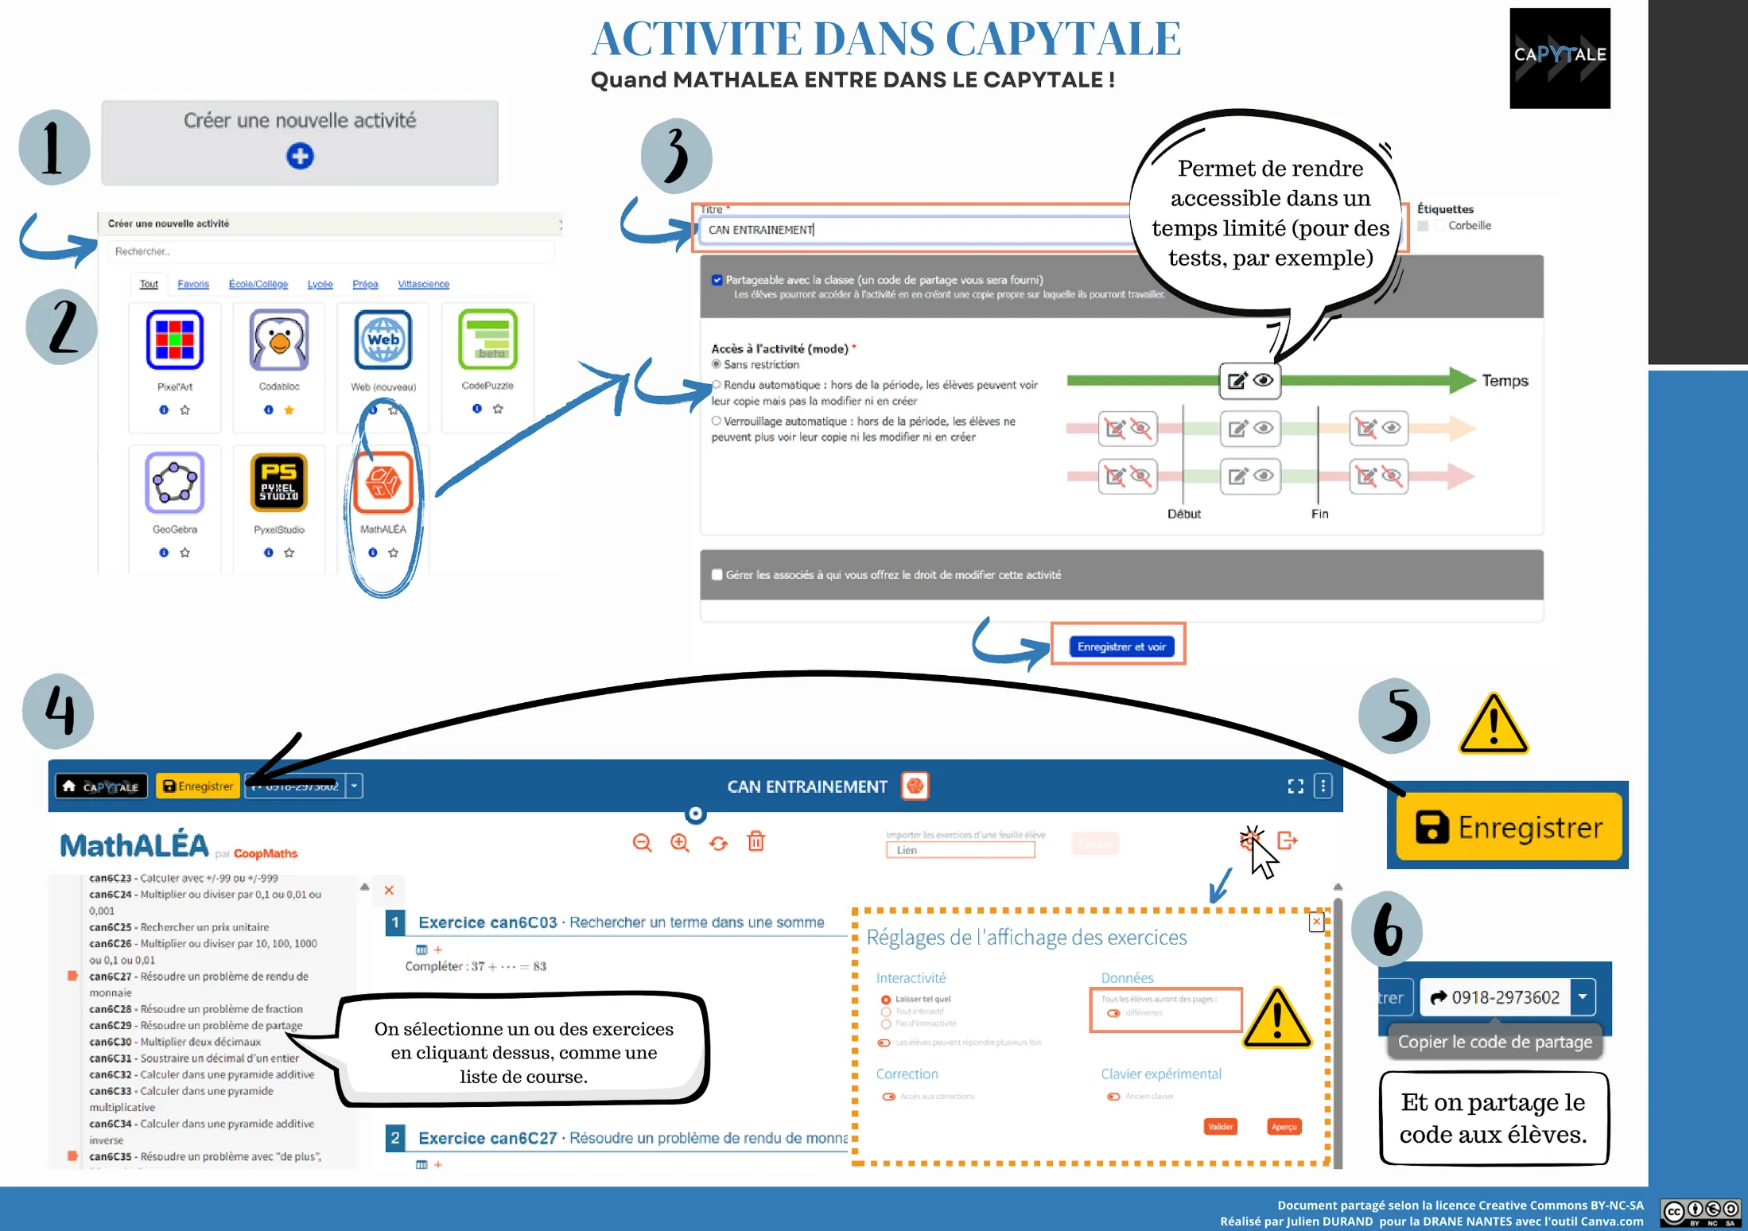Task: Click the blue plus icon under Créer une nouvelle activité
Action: coord(300,156)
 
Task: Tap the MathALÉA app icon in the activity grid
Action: coord(383,482)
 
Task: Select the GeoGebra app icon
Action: coord(175,482)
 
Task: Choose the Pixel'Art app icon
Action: coord(175,340)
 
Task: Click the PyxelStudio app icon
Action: coord(279,482)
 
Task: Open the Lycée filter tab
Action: coord(320,284)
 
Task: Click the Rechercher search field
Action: coord(330,251)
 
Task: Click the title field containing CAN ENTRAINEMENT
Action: coord(915,230)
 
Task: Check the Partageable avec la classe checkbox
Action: coord(717,280)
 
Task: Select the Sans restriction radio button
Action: coord(717,364)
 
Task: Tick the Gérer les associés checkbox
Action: coord(717,575)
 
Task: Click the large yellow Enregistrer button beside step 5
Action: coord(1509,828)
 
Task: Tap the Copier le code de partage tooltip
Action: coord(1495,1042)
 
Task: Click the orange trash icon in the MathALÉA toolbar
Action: coord(756,841)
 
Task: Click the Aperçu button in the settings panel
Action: coord(1284,1126)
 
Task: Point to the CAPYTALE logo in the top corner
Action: coord(1560,57)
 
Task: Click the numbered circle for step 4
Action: coord(59,711)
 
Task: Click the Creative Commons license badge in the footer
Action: coord(1700,1213)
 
